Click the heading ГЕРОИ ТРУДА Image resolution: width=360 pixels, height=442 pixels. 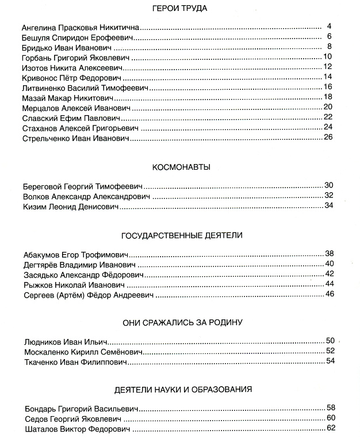click(x=179, y=9)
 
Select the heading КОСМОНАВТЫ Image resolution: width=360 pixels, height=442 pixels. click(x=181, y=167)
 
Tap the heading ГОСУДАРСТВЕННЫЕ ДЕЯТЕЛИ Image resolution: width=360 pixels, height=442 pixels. click(x=182, y=235)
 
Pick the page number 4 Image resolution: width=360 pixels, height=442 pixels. click(x=329, y=26)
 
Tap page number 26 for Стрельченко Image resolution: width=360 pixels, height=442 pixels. click(x=329, y=136)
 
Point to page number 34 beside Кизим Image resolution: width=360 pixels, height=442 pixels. click(x=329, y=205)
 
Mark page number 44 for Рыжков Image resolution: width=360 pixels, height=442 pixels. click(x=330, y=284)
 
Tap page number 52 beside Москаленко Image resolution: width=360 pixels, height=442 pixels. click(x=330, y=350)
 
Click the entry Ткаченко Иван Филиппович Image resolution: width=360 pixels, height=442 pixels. click(x=75, y=362)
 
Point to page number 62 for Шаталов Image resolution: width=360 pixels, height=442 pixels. click(x=331, y=428)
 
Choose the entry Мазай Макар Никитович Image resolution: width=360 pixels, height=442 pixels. click(x=66, y=98)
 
